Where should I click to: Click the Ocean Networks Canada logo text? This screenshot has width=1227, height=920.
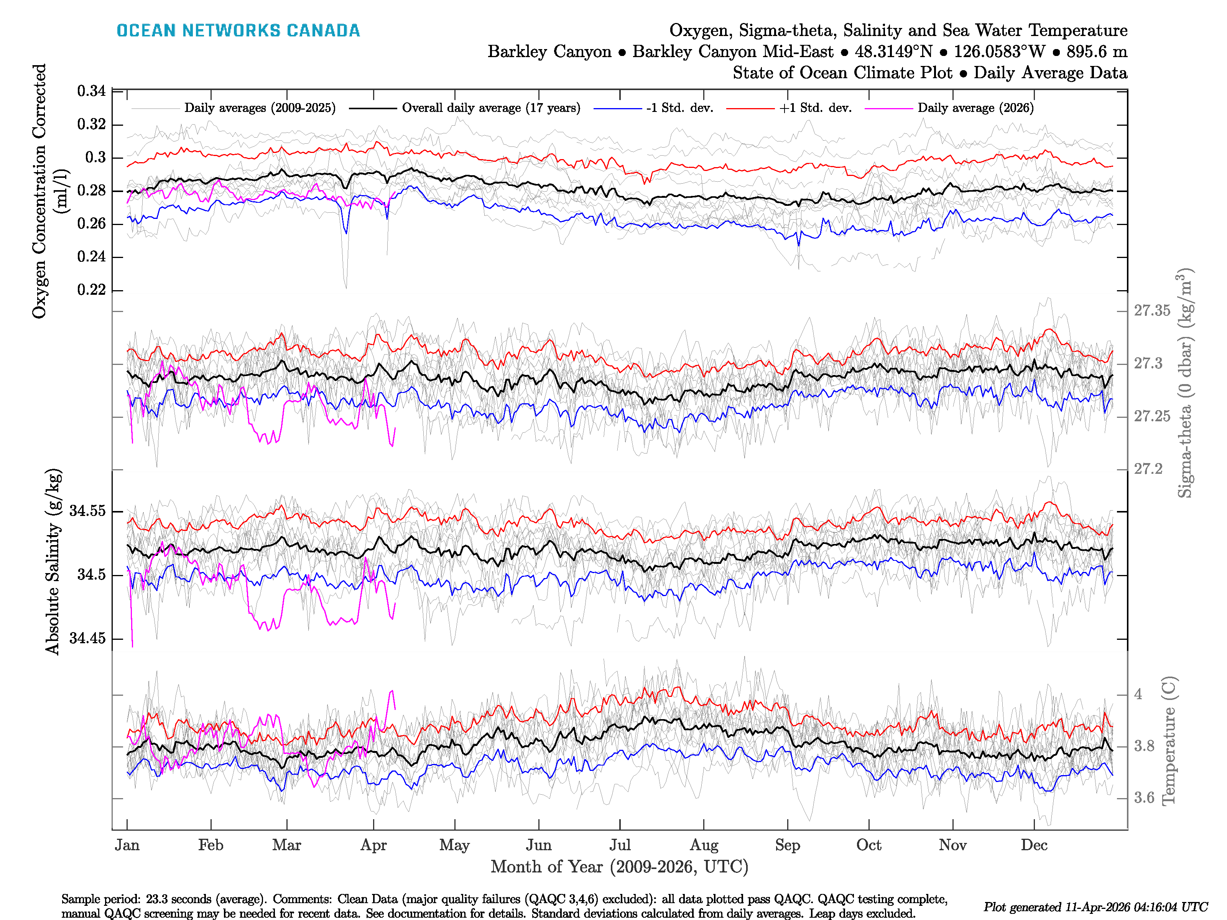(238, 31)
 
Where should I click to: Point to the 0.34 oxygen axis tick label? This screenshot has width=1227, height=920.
(92, 91)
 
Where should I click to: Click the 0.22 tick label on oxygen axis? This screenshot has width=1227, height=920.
(92, 290)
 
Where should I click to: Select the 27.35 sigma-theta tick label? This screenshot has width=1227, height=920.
(1151, 310)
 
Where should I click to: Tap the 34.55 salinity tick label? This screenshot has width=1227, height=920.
(87, 511)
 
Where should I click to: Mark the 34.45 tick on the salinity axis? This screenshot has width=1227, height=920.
(87, 638)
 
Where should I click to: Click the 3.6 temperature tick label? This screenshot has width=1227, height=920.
(1144, 798)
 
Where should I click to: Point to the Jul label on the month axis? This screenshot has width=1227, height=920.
(620, 845)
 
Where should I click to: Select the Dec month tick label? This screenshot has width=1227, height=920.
(1034, 845)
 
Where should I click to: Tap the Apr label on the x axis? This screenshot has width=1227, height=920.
(373, 845)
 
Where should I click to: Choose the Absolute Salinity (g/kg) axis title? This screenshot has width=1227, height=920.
(53, 562)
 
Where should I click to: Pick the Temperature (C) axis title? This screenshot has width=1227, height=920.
(1168, 740)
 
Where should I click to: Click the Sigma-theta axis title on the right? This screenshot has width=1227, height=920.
(1184, 383)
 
